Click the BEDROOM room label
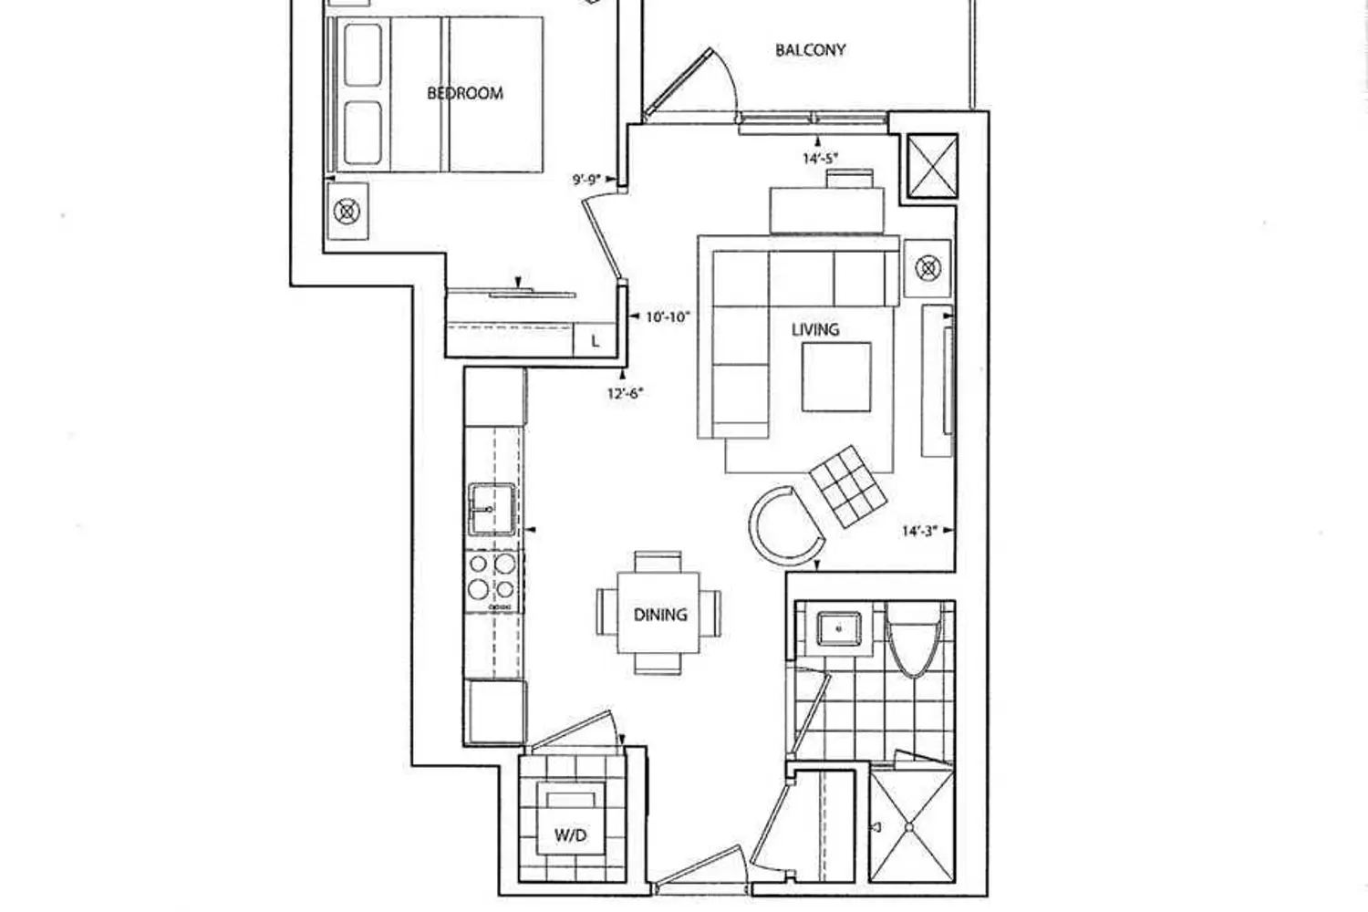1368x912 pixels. point(465,93)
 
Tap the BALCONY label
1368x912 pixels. point(811,50)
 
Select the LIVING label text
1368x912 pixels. point(815,330)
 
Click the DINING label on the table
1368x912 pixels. point(660,615)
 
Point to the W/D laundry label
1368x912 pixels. point(570,835)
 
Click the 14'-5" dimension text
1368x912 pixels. point(820,159)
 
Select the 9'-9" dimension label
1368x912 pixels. point(586,181)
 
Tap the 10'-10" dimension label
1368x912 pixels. point(668,317)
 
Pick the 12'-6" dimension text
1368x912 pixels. point(626,393)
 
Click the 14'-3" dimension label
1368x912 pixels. point(919,532)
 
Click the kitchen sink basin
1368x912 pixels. point(492,509)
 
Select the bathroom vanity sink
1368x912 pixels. point(838,628)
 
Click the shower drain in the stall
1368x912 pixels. point(909,828)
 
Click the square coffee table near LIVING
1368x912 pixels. point(836,377)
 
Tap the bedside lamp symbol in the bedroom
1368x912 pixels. point(347,212)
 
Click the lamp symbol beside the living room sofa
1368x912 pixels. point(928,269)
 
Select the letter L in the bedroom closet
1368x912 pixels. point(596,341)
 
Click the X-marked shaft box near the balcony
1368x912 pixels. point(932,166)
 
